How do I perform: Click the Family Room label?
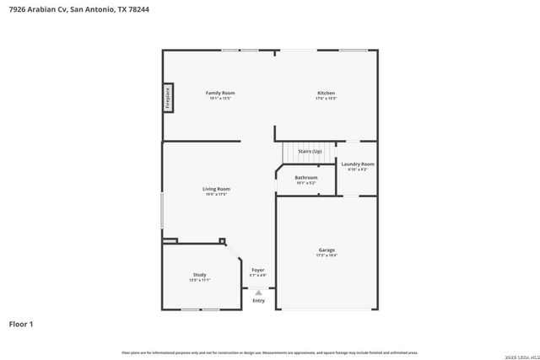point(221,93)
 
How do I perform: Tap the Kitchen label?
point(326,93)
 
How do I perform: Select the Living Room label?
point(216,189)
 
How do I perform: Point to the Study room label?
point(199,275)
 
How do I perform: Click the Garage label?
point(327,250)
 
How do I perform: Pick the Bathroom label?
point(306,178)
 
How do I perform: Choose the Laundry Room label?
point(358,164)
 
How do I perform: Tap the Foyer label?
point(258,270)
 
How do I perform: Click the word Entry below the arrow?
point(258,301)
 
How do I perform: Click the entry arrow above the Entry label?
point(258,292)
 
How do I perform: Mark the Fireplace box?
point(168,98)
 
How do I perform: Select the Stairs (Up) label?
point(310,151)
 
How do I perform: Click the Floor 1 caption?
point(21,324)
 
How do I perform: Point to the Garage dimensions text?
point(327,255)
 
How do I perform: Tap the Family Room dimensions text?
point(221,99)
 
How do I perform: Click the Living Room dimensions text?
point(216,195)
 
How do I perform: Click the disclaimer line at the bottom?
point(269,352)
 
